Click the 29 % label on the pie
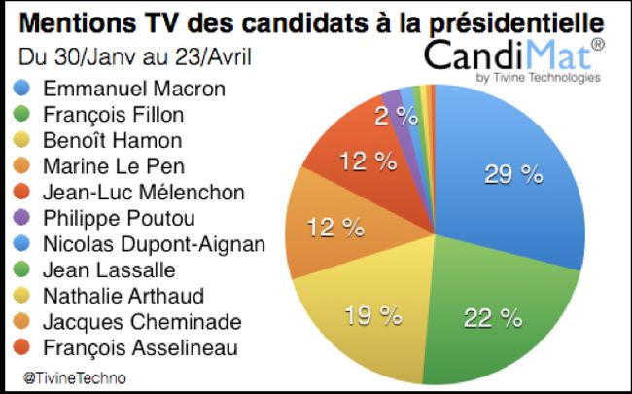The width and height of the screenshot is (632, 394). coord(514,174)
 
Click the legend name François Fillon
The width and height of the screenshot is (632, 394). coord(123,115)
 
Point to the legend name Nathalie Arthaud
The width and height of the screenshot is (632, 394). coord(127,294)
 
